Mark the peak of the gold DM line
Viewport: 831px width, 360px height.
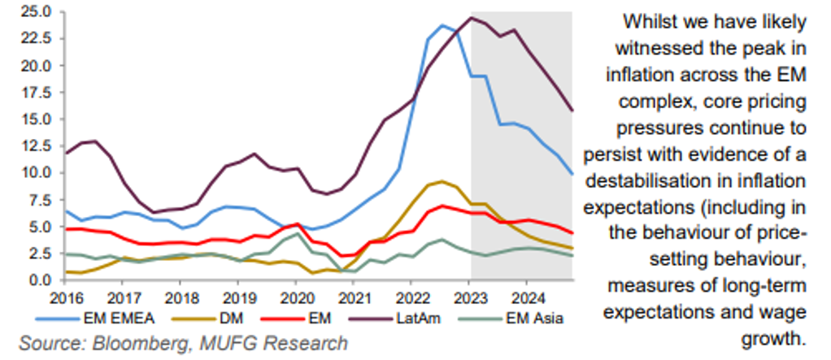click(442, 181)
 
